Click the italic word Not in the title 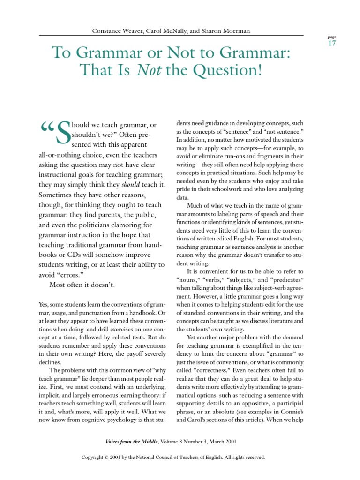click(146, 70)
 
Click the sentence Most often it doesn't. click(82, 285)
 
